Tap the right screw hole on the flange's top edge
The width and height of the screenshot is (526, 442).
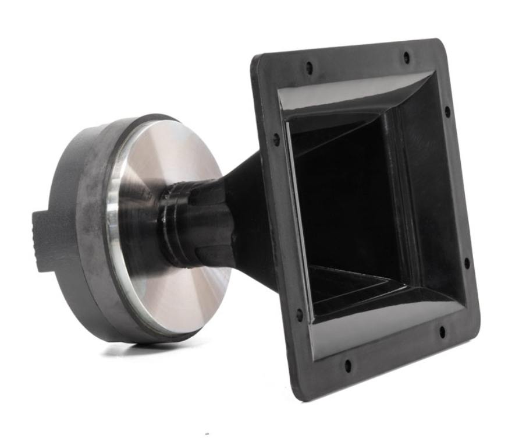pos(406,57)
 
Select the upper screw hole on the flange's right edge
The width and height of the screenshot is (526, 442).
pos(447,110)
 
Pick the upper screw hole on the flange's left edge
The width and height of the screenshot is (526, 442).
pos(276,140)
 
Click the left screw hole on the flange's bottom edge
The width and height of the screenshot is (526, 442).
pos(347,366)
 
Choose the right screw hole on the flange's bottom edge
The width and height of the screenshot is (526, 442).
pos(442,332)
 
